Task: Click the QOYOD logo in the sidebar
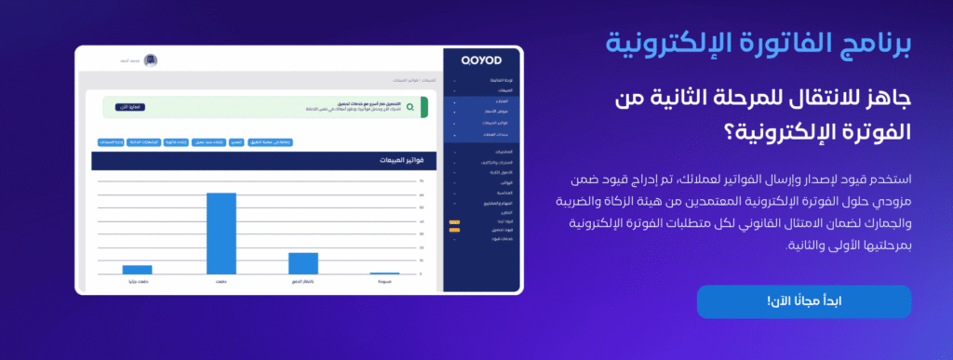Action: [x=482, y=60]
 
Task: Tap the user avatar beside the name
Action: [x=151, y=60]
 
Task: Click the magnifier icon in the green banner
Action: [x=410, y=107]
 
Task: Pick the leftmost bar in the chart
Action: [x=137, y=270]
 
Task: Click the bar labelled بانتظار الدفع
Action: [x=303, y=263]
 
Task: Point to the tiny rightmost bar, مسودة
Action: [x=384, y=273]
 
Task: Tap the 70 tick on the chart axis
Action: [x=422, y=181]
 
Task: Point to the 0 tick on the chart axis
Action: [x=422, y=273]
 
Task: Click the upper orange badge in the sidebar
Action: [x=453, y=222]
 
